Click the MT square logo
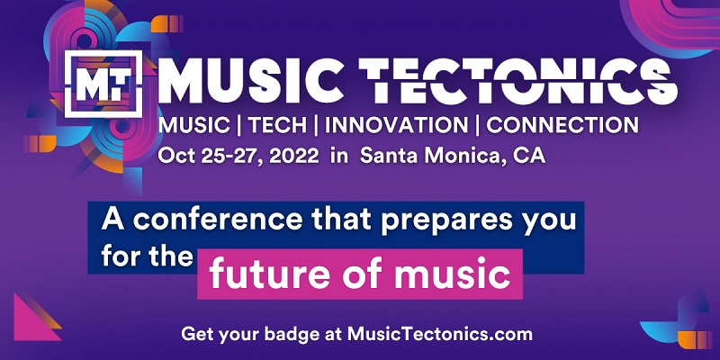pos(103,84)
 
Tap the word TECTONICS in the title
pos(517,83)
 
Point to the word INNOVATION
pos(396,125)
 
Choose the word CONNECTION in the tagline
pos(562,125)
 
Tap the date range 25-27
pos(230,156)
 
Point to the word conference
pos(218,220)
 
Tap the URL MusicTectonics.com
pos(440,334)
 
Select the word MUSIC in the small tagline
pos(193,125)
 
